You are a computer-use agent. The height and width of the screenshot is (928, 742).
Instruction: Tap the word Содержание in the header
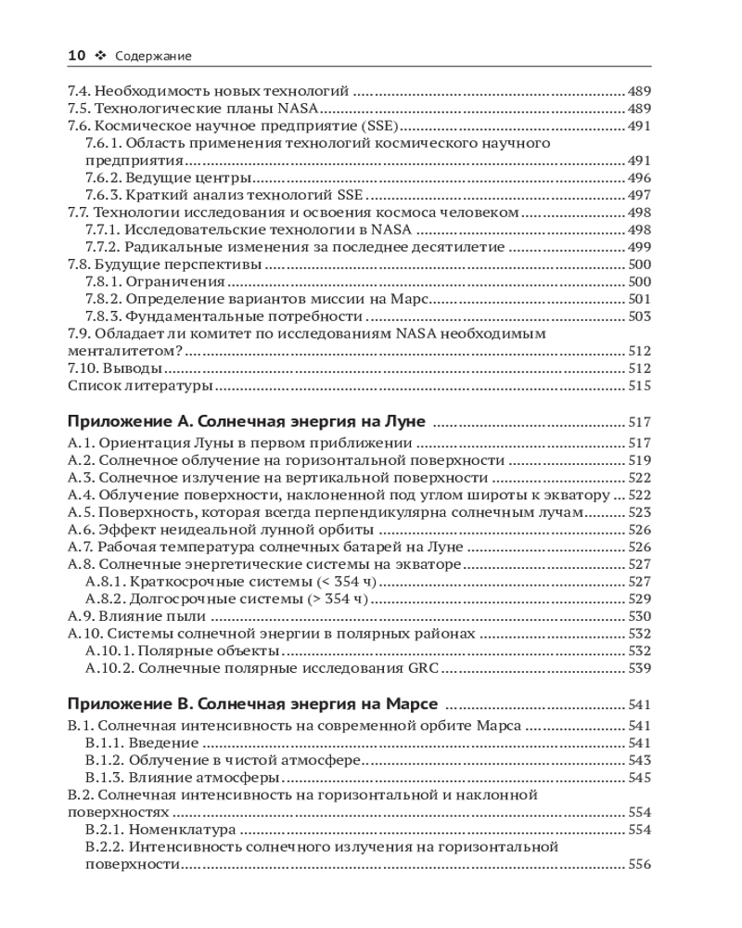coord(153,57)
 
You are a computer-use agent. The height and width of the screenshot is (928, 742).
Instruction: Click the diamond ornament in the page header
coord(100,56)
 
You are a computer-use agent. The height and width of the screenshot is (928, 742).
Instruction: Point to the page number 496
coord(639,178)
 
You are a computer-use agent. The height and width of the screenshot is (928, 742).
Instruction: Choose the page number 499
coord(639,248)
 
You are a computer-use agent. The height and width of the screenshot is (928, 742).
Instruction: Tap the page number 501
coord(639,300)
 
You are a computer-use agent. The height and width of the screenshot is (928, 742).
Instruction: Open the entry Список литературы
coord(141,386)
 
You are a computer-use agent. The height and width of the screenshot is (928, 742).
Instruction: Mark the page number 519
coord(639,460)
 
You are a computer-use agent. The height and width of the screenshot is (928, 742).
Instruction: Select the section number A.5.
coord(82,512)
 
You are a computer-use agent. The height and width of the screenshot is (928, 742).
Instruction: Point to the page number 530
coord(639,616)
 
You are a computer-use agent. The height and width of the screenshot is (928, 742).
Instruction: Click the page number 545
coord(639,778)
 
